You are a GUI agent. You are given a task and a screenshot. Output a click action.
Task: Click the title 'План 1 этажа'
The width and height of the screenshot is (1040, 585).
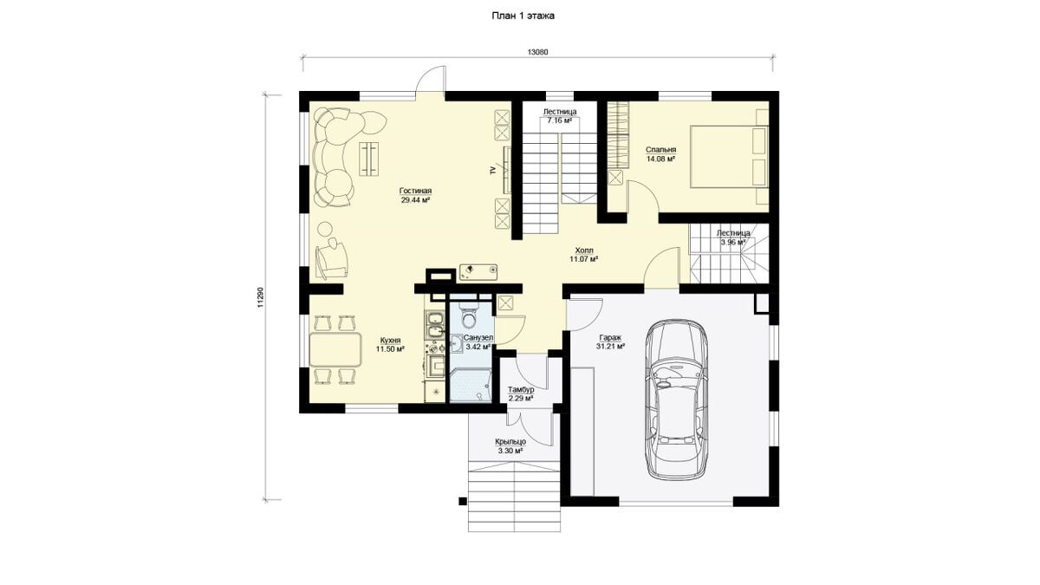tap(523, 16)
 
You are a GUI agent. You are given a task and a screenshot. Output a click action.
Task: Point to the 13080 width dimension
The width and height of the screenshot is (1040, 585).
tap(537, 52)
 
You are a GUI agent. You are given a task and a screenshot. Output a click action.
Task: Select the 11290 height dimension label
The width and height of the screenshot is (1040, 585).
tap(261, 297)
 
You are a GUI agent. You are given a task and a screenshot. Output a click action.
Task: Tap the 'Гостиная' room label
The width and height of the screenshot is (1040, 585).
tap(415, 191)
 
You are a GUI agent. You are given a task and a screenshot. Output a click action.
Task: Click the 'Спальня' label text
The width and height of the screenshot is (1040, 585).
tap(660, 150)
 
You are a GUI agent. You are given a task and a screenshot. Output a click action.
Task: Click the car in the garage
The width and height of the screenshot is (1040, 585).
tap(677, 400)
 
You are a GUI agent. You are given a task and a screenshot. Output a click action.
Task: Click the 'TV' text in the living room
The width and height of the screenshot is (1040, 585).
tap(492, 171)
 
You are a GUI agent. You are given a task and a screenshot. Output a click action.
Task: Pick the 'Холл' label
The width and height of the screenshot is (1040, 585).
tap(583, 250)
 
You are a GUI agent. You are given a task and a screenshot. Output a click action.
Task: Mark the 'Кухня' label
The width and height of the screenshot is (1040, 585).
tap(390, 341)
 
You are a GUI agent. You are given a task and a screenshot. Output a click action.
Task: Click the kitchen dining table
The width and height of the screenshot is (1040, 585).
tap(335, 349)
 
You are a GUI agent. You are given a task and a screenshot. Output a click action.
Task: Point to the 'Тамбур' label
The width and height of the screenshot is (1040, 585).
tap(521, 389)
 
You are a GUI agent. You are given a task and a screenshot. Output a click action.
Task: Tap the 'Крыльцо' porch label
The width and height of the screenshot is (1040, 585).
tap(510, 441)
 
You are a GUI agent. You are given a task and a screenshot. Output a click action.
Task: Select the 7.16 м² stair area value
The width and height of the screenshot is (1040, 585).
tap(560, 120)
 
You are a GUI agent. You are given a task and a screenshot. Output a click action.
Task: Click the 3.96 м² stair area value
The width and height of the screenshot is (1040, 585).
tap(733, 242)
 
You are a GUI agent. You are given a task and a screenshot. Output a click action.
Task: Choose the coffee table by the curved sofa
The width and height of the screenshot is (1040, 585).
tap(368, 159)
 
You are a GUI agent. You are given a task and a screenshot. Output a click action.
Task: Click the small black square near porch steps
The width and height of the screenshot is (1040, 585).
tap(463, 501)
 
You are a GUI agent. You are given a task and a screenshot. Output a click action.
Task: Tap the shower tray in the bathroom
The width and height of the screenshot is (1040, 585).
tap(471, 386)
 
